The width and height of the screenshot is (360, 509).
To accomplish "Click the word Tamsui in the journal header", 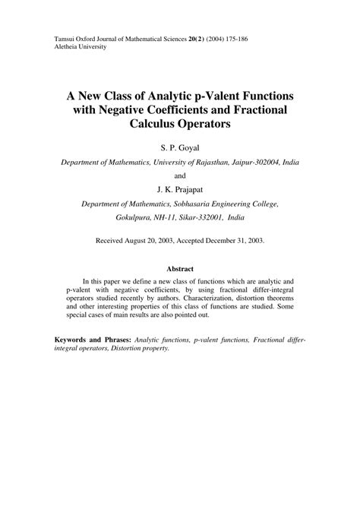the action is [67, 38].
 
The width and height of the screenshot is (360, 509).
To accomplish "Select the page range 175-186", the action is [249, 38].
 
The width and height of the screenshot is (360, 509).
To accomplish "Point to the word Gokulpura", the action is [118, 217].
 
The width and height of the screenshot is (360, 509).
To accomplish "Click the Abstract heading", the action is [179, 268].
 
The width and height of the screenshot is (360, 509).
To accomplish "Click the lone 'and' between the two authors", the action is [179, 175].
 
